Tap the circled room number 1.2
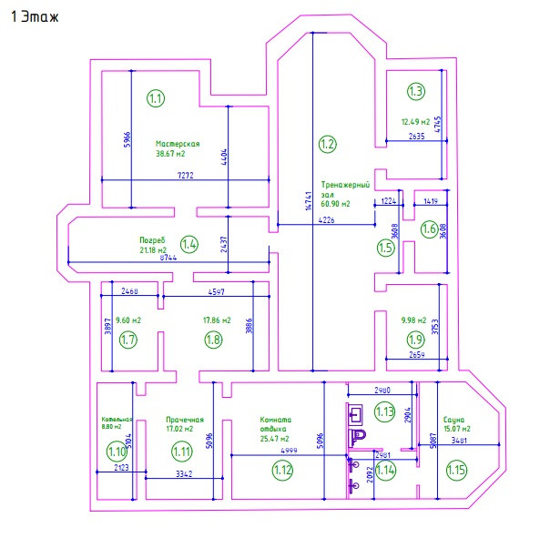[x=328, y=143]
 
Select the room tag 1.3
[x=416, y=91]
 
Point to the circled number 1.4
[x=189, y=244]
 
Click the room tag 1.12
[x=283, y=470]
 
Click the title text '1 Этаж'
[x=36, y=17]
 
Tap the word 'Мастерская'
[x=178, y=143]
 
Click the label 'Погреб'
[x=152, y=240]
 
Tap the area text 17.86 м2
[x=217, y=320]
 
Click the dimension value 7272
[x=185, y=175]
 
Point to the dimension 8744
[x=168, y=258]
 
